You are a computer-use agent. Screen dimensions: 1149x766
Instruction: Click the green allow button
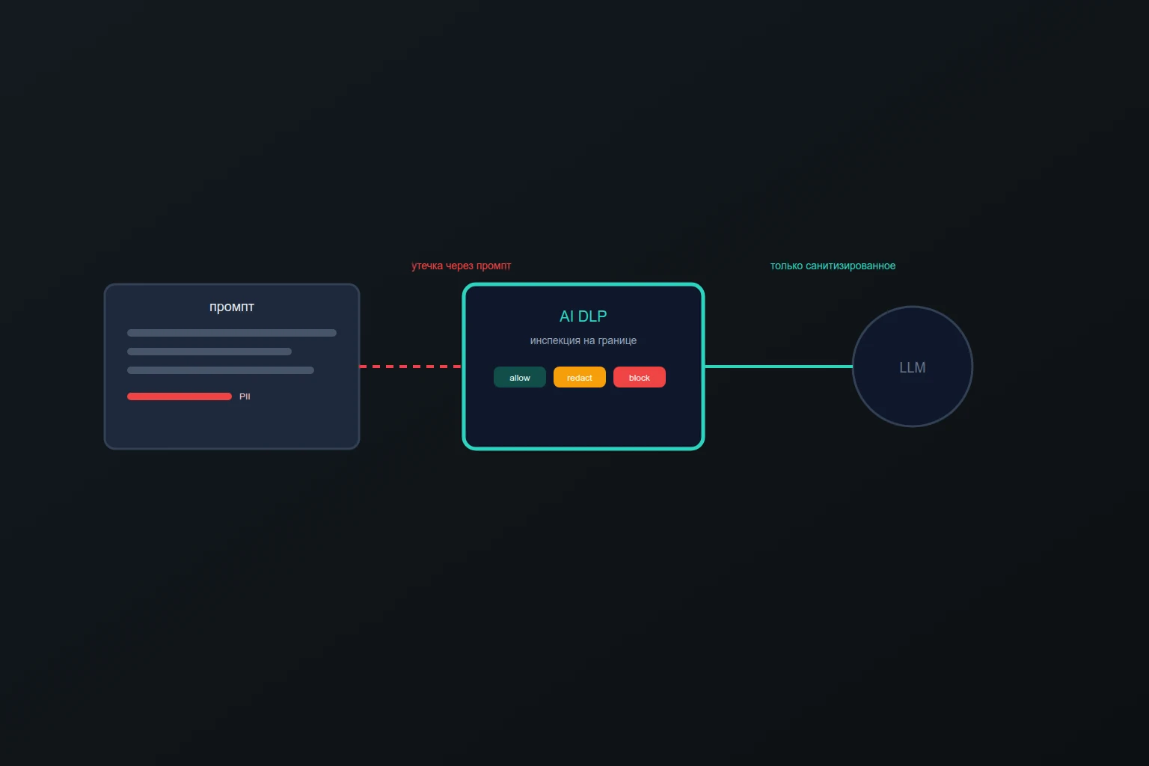(x=520, y=377)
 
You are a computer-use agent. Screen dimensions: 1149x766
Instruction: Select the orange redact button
(x=580, y=377)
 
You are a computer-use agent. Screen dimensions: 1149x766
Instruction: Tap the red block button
(x=639, y=377)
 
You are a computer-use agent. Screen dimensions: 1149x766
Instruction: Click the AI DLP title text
(x=583, y=316)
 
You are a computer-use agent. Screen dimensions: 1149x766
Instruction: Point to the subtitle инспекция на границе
(x=583, y=340)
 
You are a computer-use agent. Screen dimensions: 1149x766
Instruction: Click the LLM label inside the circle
(x=913, y=367)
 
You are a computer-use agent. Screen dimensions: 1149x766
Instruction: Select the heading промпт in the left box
(x=232, y=307)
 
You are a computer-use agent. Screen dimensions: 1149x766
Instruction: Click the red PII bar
(x=180, y=396)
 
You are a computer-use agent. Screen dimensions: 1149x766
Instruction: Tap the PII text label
(x=245, y=396)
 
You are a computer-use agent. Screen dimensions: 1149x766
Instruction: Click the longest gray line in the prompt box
(x=232, y=333)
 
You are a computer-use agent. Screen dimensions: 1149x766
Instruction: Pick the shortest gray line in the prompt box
(x=209, y=352)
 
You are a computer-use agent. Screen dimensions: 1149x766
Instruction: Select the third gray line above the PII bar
(x=221, y=370)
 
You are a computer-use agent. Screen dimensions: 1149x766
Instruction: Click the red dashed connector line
(x=411, y=367)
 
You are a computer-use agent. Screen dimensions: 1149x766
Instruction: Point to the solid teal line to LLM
(x=779, y=367)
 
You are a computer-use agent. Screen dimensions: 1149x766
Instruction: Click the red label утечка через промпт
(x=461, y=266)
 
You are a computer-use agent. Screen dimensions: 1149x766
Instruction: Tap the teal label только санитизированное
(x=833, y=266)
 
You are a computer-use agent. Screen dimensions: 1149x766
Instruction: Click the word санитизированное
(x=851, y=266)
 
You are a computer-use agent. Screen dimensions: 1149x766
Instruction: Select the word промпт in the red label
(x=494, y=266)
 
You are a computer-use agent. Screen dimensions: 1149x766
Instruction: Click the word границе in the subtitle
(x=617, y=340)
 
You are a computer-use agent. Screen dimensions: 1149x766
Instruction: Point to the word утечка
(x=427, y=266)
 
